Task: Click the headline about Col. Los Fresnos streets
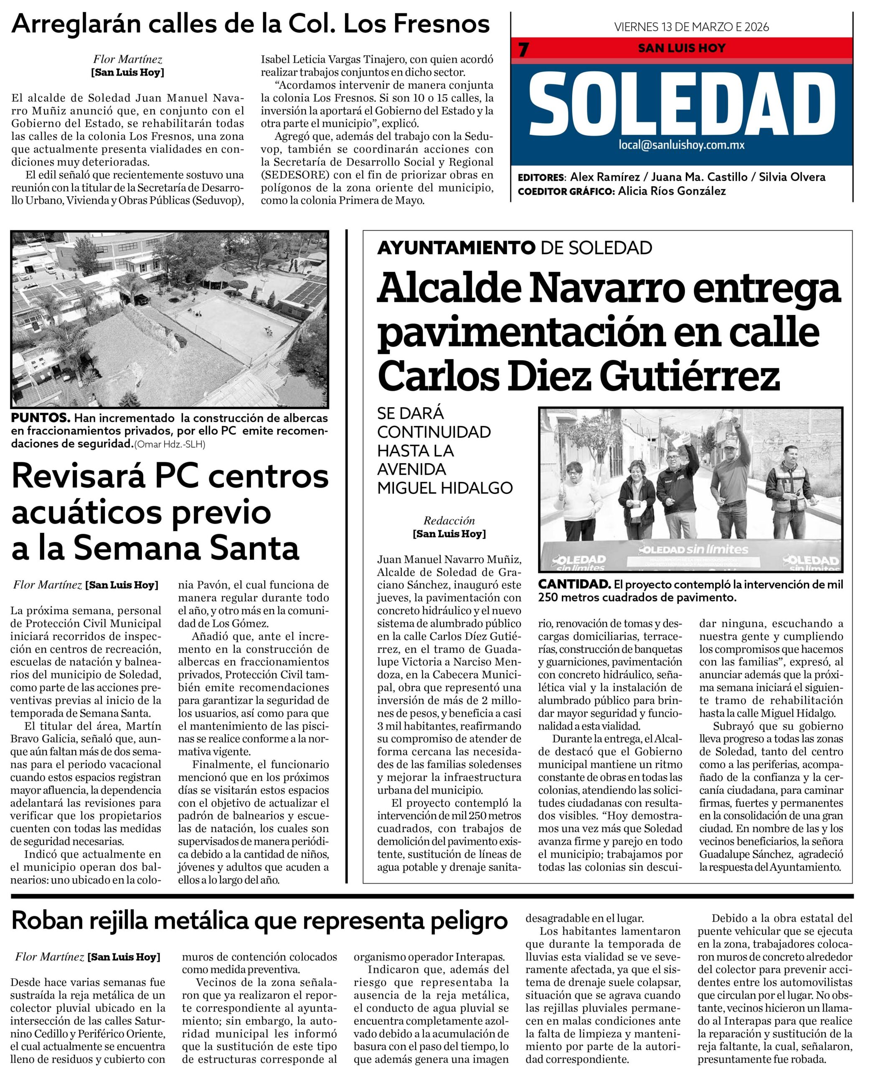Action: pos(250,24)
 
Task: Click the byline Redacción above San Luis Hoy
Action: pos(449,521)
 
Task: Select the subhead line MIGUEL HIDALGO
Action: pos(445,489)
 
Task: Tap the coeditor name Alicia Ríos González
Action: pos(672,191)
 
